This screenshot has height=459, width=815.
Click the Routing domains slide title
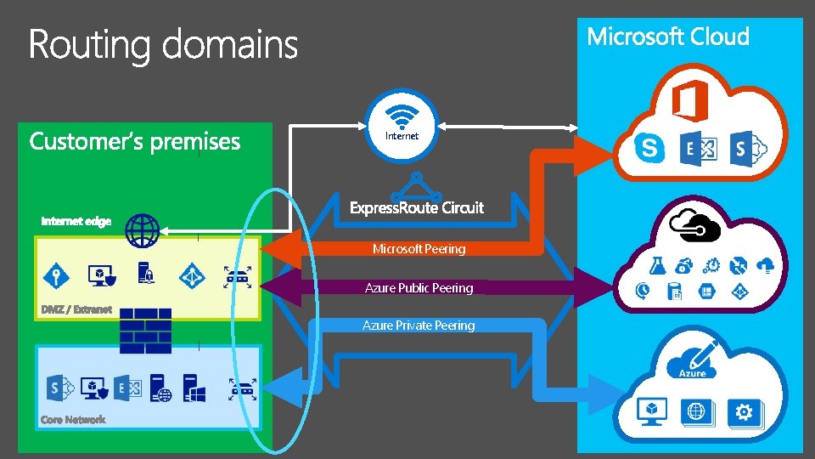[163, 44]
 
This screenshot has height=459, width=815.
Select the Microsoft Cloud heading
[668, 37]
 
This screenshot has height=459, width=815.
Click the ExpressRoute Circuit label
[417, 207]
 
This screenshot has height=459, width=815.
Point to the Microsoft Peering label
[419, 249]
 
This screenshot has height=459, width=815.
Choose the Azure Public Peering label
[419, 288]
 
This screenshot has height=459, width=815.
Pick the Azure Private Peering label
[419, 326]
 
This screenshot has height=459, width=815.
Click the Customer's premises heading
[135, 141]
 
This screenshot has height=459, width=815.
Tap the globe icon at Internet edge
[143, 229]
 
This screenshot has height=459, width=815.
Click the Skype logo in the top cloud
[649, 149]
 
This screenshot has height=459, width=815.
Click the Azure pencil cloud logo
[694, 361]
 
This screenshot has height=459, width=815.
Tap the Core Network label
[74, 420]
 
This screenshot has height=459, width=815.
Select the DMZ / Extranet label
[76, 309]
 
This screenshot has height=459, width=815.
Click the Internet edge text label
[76, 221]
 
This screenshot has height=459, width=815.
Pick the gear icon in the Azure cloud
[745, 412]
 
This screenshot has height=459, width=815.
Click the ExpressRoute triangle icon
[415, 185]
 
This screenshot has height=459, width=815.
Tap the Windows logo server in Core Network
[195, 389]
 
